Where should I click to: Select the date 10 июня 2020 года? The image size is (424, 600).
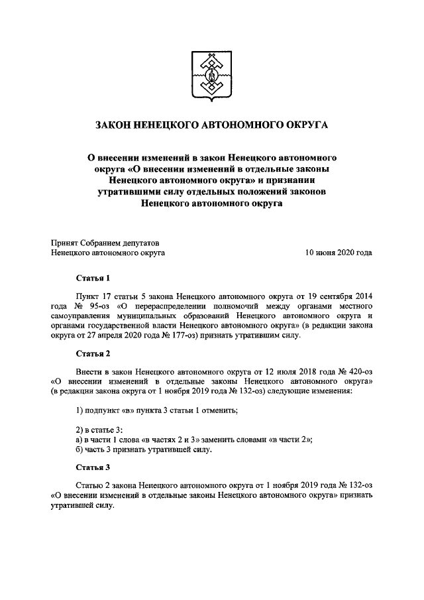(x=338, y=253)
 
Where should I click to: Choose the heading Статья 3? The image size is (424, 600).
(x=93, y=467)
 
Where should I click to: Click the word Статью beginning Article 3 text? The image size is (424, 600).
(x=91, y=485)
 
